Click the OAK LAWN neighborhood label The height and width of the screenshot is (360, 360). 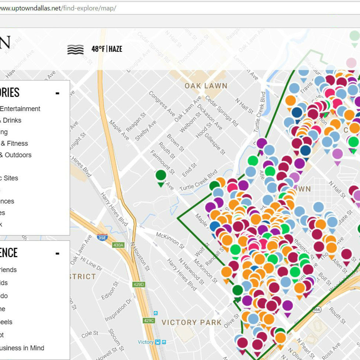[x=206, y=86]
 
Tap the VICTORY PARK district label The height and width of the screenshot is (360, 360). [x=191, y=323]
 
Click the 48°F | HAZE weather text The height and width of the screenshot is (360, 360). [x=107, y=49]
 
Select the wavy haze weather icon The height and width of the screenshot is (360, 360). [x=75, y=50]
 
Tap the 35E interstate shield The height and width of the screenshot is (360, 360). [x=102, y=238]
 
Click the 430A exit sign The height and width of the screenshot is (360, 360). [x=118, y=245]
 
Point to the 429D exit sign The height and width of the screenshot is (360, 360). [x=139, y=284]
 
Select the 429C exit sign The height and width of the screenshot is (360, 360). [x=149, y=320]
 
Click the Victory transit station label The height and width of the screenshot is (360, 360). [x=145, y=342]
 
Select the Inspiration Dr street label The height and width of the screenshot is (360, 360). [x=118, y=310]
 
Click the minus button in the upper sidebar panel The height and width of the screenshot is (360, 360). [x=57, y=93]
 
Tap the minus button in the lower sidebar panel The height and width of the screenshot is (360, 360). [x=57, y=253]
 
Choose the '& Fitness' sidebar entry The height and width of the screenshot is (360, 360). [x=14, y=143]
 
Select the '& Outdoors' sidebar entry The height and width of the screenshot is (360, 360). [x=15, y=155]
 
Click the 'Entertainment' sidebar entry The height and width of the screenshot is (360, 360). [x=20, y=109]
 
